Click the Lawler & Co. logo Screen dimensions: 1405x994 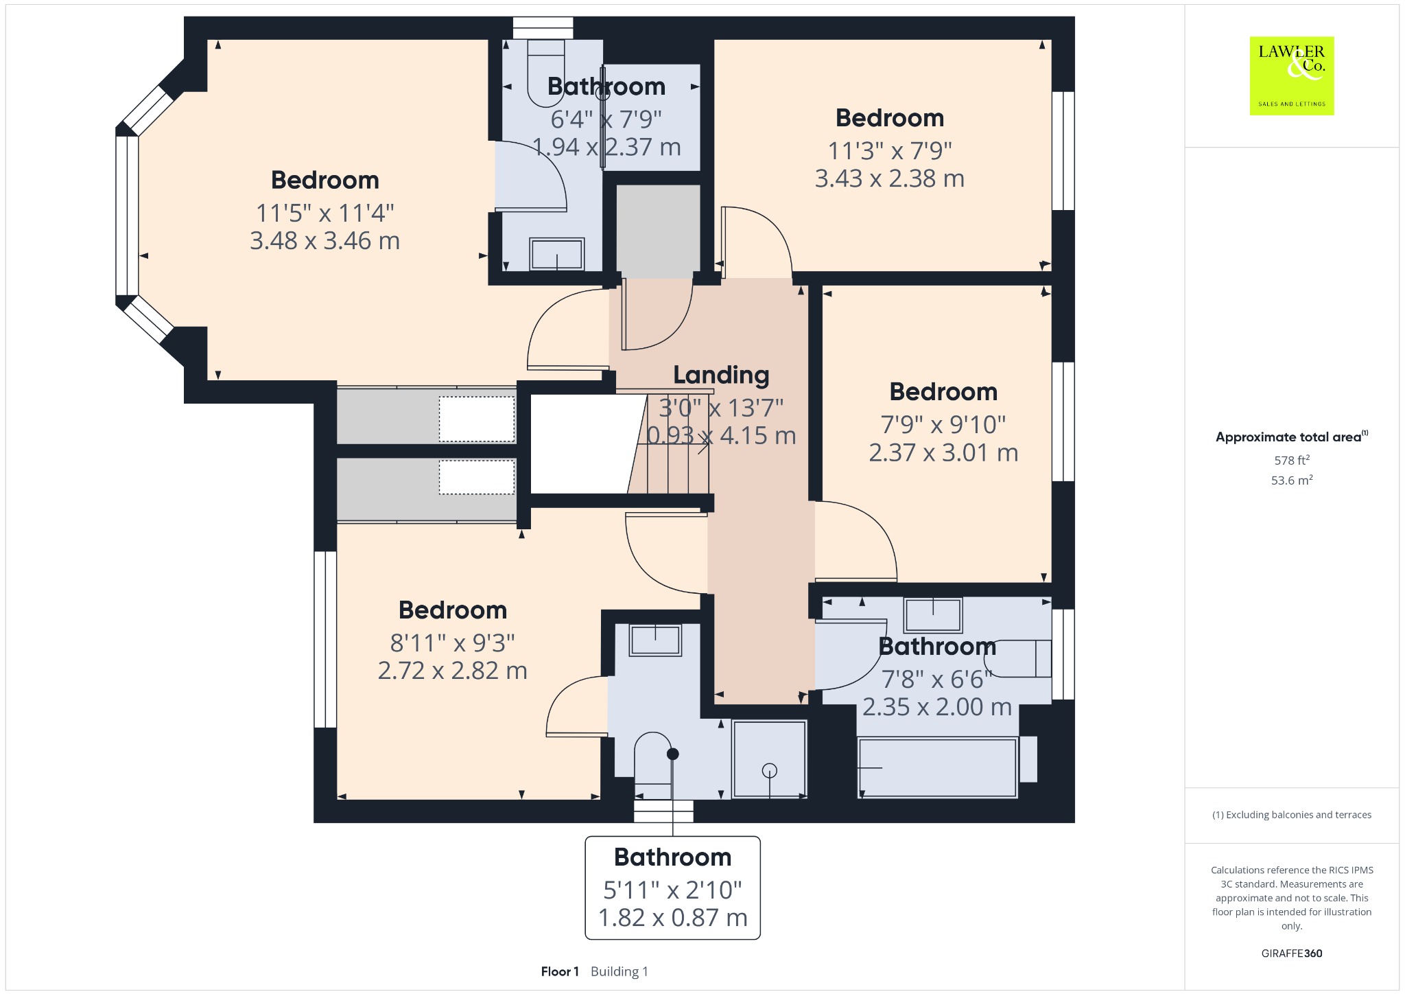1291,76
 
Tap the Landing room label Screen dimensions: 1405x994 721,375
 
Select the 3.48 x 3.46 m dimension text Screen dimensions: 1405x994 324,241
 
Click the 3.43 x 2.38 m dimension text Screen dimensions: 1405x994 890,178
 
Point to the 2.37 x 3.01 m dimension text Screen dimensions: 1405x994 943,453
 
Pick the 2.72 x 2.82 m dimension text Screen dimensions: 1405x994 453,671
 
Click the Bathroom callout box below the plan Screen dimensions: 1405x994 672,888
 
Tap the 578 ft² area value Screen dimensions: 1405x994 1292,460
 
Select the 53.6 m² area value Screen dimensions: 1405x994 1292,480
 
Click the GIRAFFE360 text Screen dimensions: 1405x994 1292,953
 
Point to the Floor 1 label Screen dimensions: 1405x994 560,971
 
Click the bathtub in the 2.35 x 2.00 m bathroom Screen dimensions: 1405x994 937,767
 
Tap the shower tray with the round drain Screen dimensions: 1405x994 770,759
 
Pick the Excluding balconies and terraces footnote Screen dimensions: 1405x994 1292,815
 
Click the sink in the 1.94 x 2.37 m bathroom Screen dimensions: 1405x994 557,254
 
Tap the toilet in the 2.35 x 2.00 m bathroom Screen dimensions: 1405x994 1018,659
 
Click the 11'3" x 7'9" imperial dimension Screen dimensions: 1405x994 890,150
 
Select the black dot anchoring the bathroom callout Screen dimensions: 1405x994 673,754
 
